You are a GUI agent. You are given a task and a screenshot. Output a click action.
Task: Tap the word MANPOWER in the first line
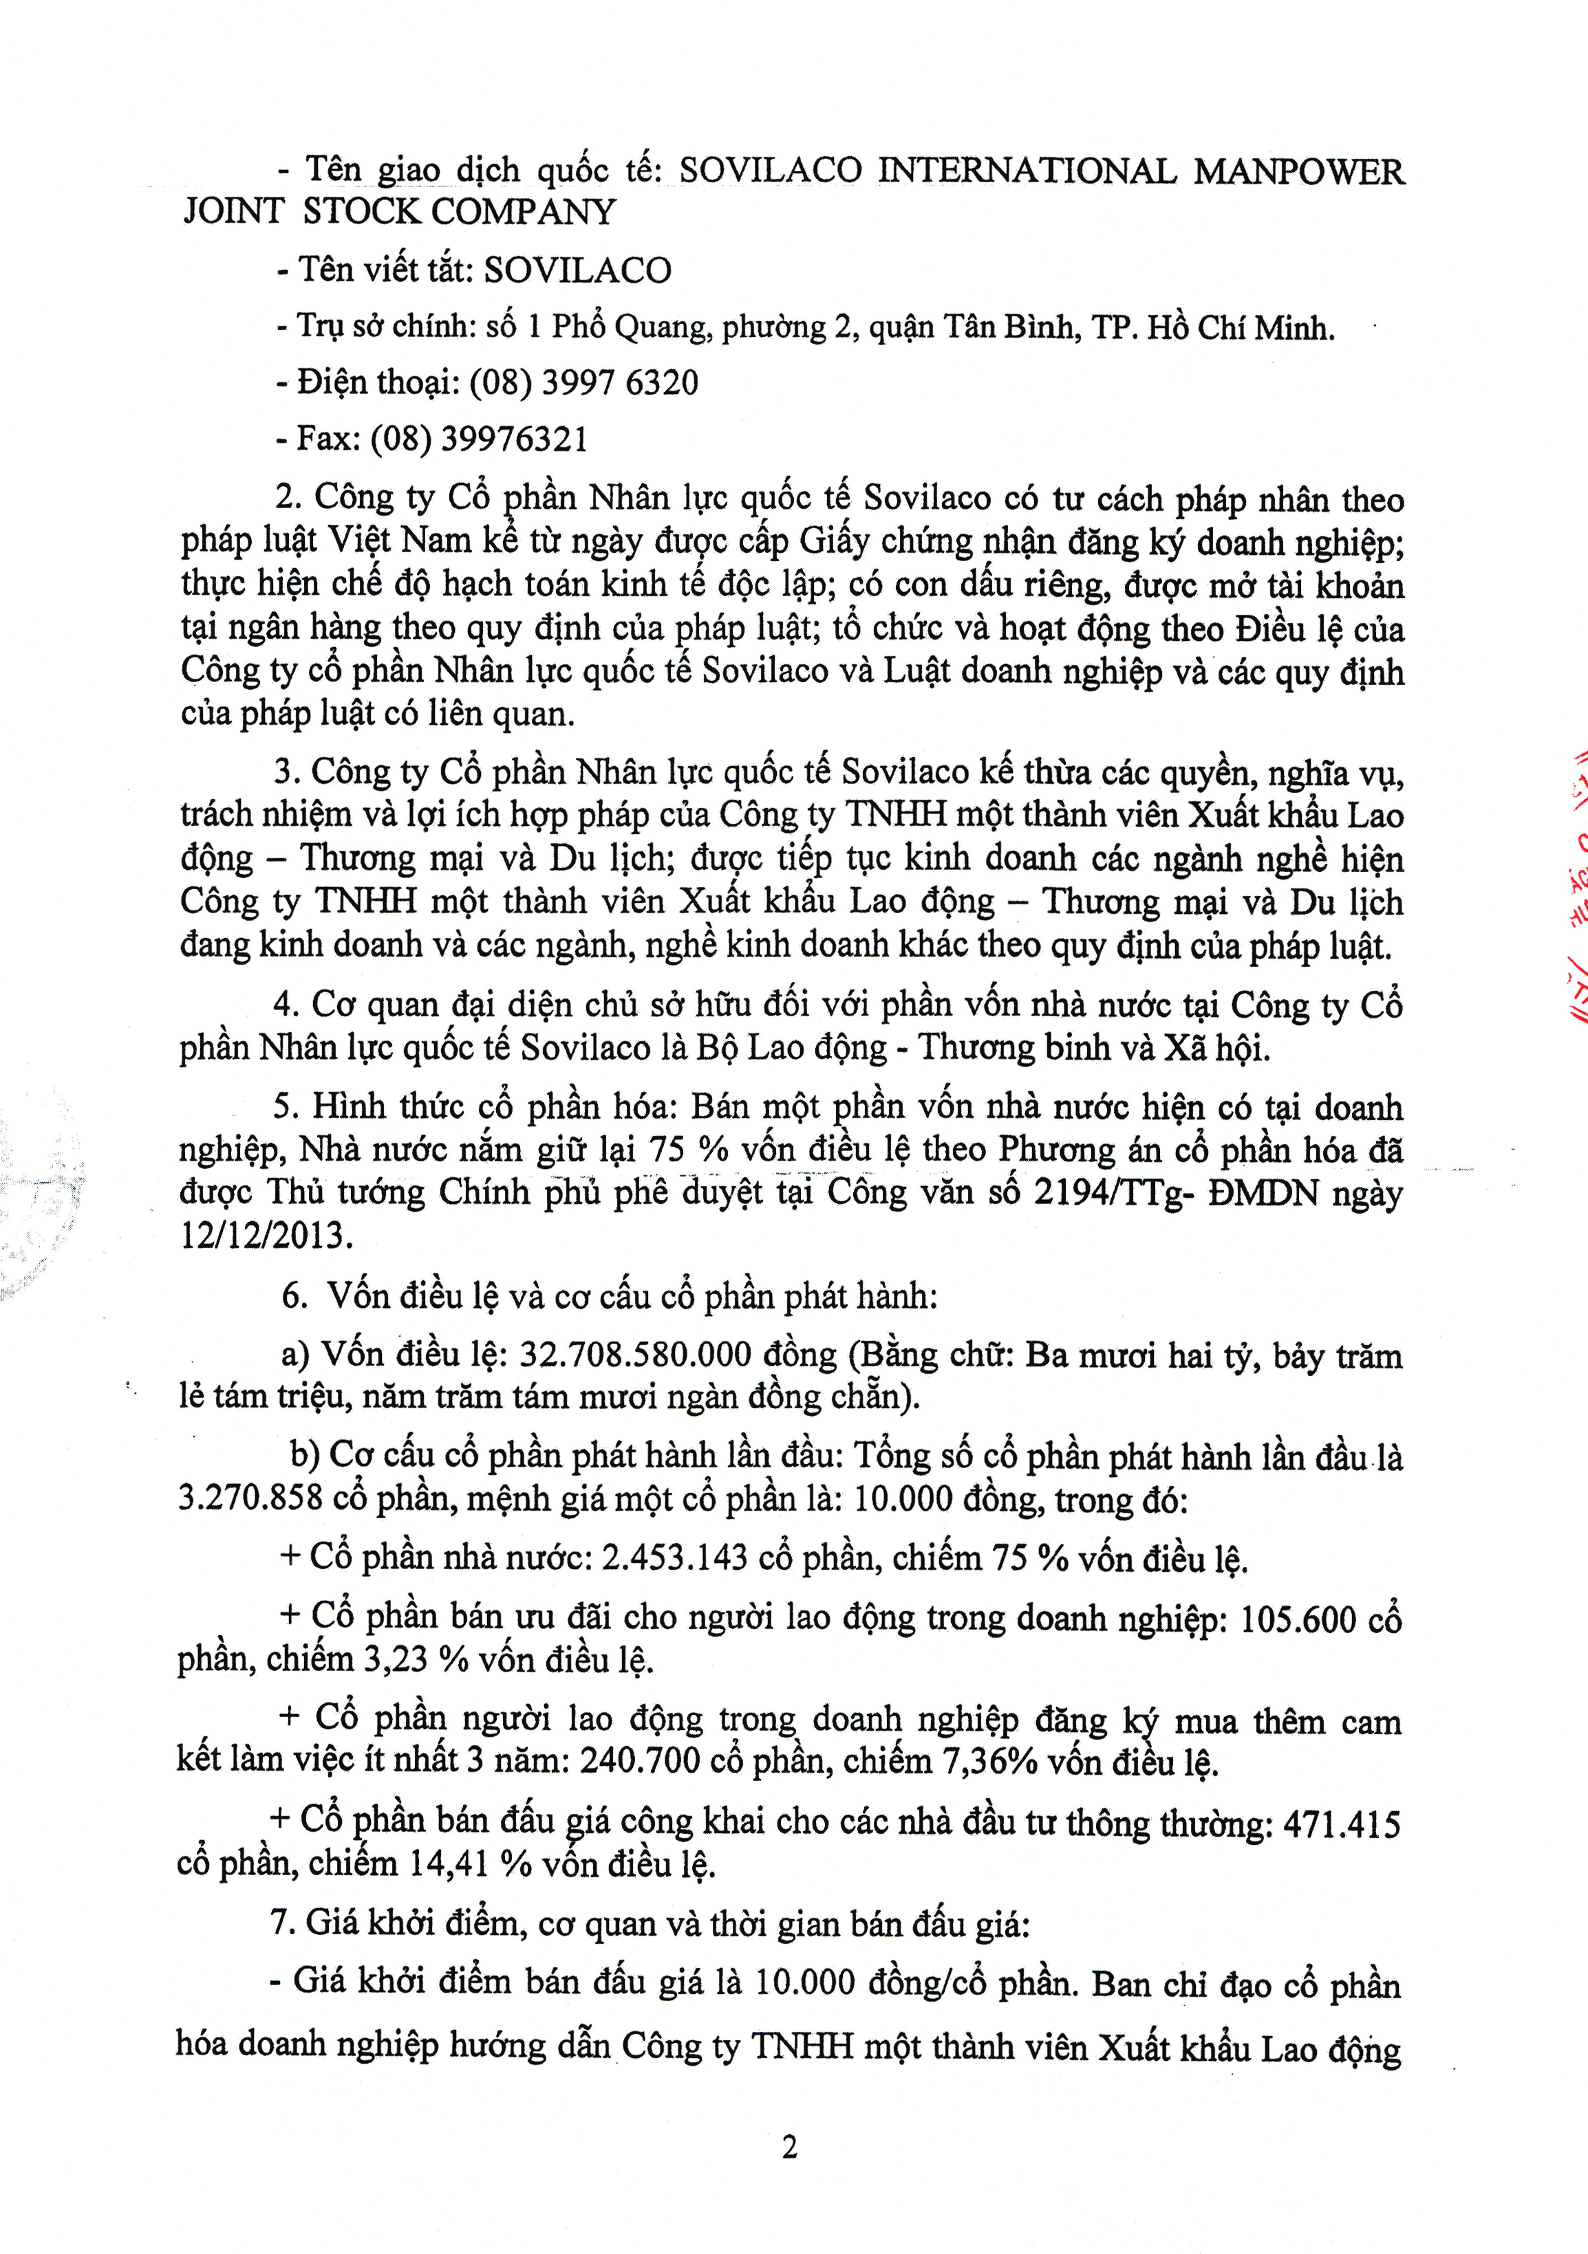1298,172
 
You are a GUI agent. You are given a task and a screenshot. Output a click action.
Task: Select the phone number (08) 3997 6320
583,382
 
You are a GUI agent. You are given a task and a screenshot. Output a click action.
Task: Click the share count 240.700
639,1760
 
